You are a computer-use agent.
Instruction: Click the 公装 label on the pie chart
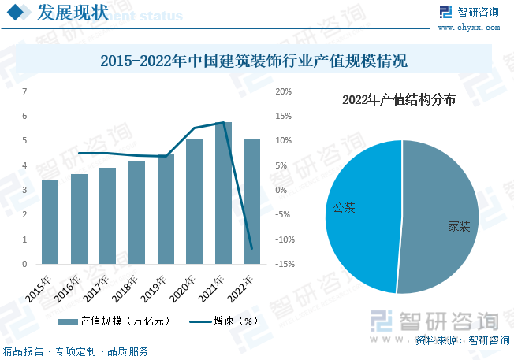(x=344, y=208)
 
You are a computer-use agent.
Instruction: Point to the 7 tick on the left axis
(x=24, y=91)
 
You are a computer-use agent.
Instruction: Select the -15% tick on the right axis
(x=284, y=264)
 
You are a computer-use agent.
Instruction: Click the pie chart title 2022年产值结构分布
(x=399, y=99)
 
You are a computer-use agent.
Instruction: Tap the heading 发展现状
(x=73, y=13)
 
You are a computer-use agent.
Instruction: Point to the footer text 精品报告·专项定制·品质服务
(x=76, y=351)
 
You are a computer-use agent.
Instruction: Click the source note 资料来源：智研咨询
(x=462, y=340)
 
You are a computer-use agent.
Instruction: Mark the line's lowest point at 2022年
(x=251, y=249)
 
